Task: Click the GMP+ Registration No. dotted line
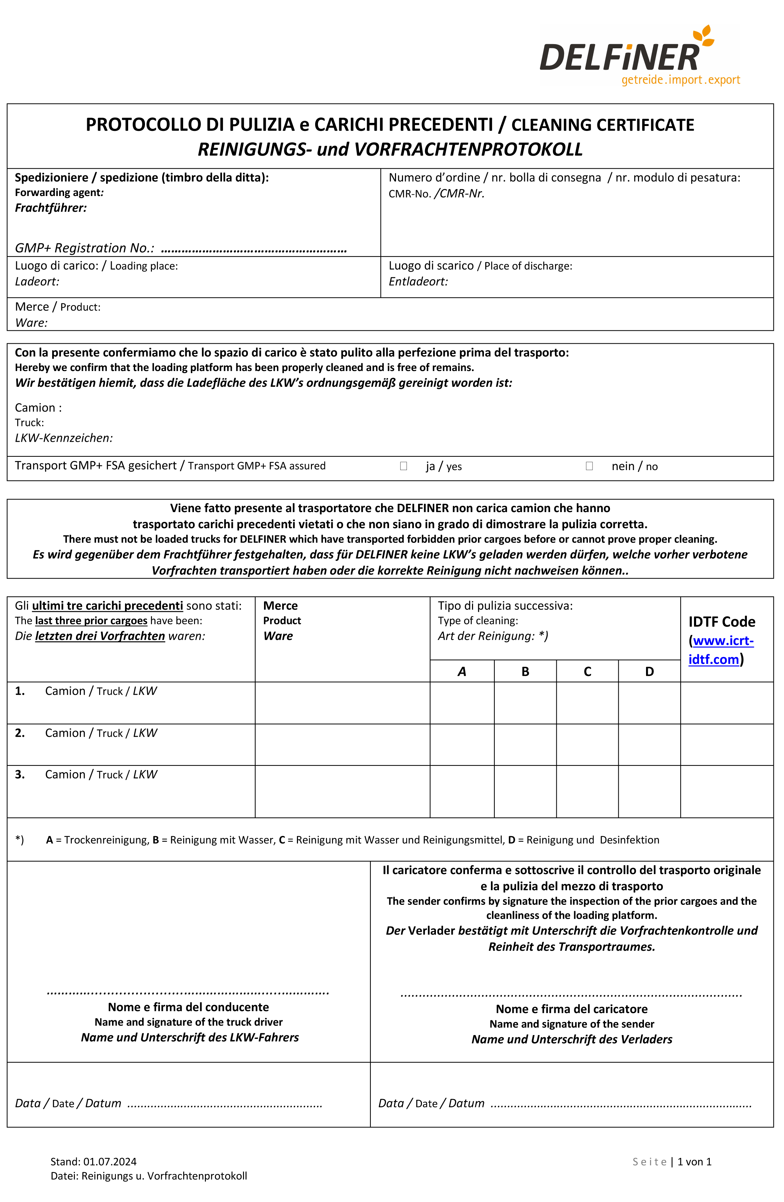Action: click(254, 250)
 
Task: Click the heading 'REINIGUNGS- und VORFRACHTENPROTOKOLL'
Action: click(390, 149)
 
